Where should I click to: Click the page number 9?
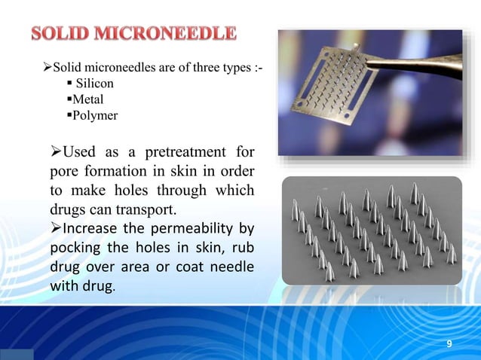tap(449, 344)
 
